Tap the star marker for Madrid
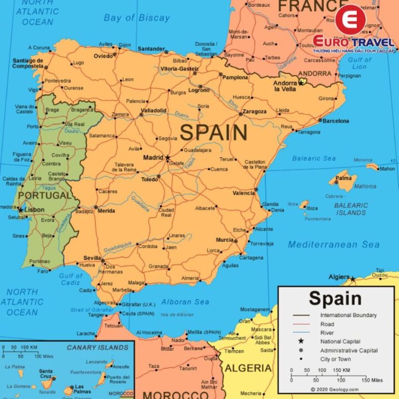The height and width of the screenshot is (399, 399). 167,157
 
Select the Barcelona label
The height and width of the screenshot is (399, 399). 336,121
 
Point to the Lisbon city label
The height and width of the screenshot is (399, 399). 35,210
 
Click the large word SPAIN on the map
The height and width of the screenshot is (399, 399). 214,133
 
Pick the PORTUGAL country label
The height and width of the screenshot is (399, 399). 44,196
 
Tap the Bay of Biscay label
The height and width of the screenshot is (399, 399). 137,18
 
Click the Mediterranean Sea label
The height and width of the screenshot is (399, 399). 334,244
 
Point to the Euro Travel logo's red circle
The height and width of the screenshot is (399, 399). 350,20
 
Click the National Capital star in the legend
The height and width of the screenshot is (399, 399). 300,341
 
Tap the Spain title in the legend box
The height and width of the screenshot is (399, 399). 335,299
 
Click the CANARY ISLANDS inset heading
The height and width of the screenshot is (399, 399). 97,347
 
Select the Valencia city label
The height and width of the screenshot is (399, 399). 244,193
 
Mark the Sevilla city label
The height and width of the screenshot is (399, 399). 92,258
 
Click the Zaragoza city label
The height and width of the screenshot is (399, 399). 255,111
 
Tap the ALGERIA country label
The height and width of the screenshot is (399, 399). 248,368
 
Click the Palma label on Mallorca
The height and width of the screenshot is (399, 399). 343,178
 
